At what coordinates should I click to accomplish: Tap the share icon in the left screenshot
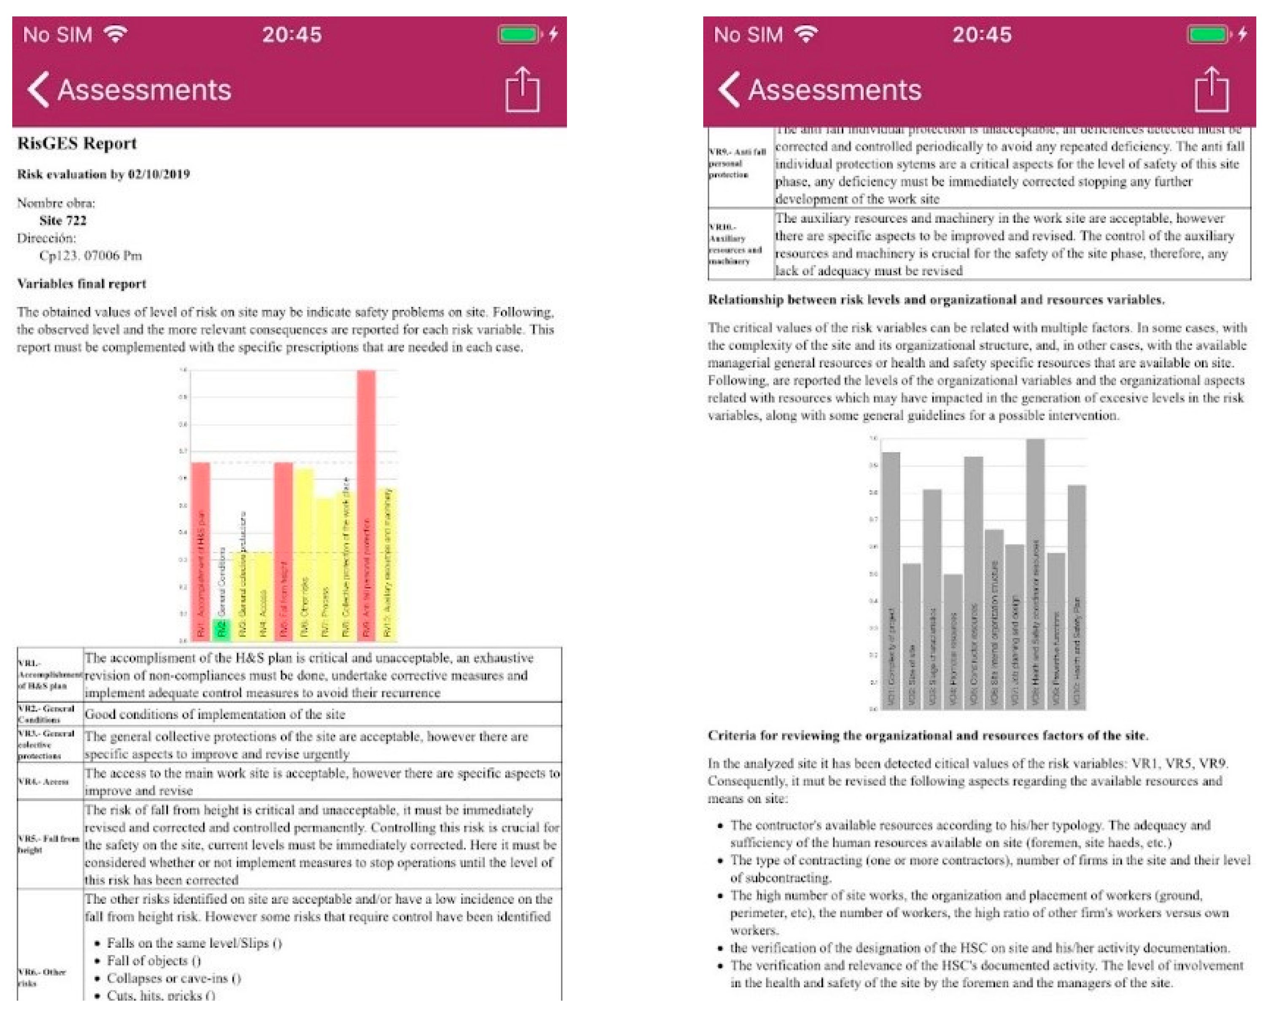[522, 90]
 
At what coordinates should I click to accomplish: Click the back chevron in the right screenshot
[729, 90]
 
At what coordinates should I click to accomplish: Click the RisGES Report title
[77, 143]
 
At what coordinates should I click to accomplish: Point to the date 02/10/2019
[159, 174]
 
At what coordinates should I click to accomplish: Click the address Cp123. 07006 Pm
[90, 255]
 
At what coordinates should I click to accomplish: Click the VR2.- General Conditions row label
[46, 714]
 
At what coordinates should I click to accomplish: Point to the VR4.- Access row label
[43, 781]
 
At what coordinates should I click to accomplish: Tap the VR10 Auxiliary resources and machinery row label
[735, 244]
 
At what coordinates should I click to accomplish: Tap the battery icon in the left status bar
[518, 34]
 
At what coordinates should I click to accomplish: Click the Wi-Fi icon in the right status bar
[806, 34]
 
